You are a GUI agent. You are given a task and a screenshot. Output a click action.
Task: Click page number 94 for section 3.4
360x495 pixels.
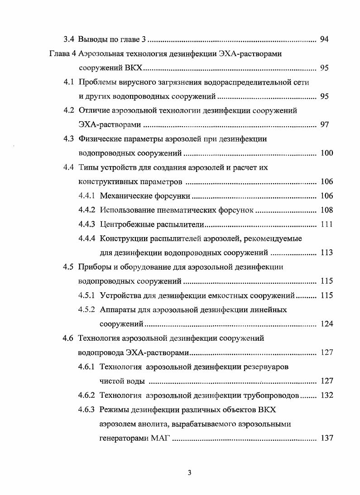click(324, 39)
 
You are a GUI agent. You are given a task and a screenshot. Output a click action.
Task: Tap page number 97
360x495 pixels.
click(324, 124)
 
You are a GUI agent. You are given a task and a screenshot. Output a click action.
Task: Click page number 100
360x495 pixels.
click(326, 153)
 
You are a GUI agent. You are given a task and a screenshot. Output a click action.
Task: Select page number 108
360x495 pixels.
click(326, 210)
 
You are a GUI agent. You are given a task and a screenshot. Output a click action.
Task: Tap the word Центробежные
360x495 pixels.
click(126, 224)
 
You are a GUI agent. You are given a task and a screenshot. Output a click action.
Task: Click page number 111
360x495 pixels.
click(326, 224)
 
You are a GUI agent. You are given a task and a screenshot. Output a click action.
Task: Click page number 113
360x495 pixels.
click(326, 252)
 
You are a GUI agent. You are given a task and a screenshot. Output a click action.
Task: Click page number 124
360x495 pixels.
click(326, 324)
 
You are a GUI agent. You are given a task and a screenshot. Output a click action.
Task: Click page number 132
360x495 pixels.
click(326, 395)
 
